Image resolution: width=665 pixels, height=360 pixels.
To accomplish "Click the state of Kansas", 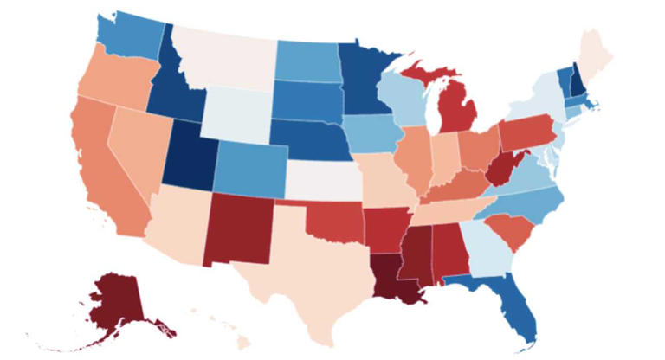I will click(x=322, y=179).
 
